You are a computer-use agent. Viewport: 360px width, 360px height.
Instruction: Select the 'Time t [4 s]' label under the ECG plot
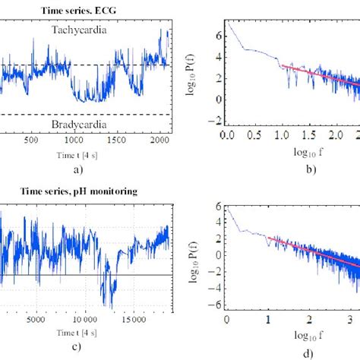(x=80, y=153)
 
